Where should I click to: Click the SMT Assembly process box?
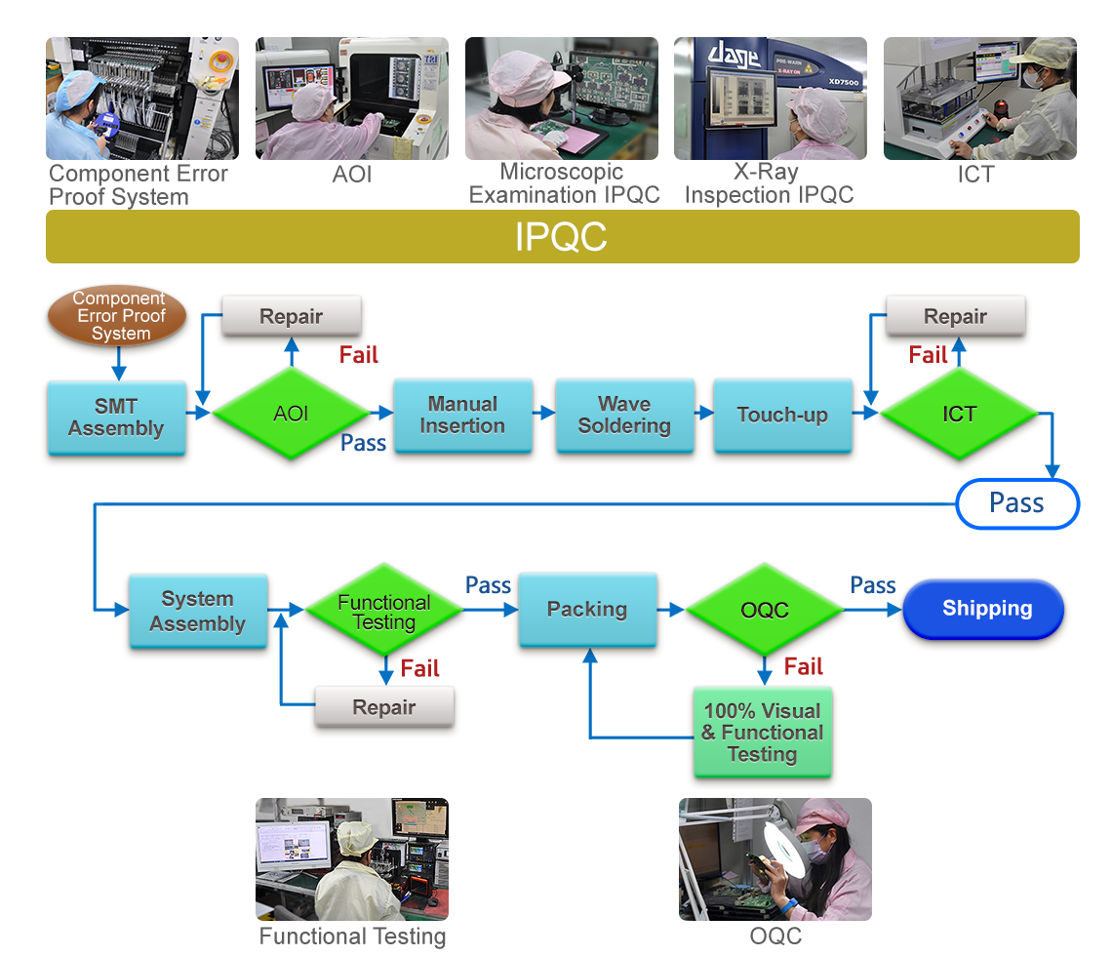116,418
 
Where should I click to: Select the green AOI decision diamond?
291,414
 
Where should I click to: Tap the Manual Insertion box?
462,415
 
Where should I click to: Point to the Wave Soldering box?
624,415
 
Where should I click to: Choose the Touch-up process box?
782,415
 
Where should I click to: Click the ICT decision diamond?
959,414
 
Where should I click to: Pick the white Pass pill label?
1016,503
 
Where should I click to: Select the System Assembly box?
197,611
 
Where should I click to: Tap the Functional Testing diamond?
383,612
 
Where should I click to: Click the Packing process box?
587,610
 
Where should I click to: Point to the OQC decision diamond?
765,611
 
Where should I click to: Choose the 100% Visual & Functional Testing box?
762,733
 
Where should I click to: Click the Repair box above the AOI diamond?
291,316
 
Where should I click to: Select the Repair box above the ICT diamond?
955,316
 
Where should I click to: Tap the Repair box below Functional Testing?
384,707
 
